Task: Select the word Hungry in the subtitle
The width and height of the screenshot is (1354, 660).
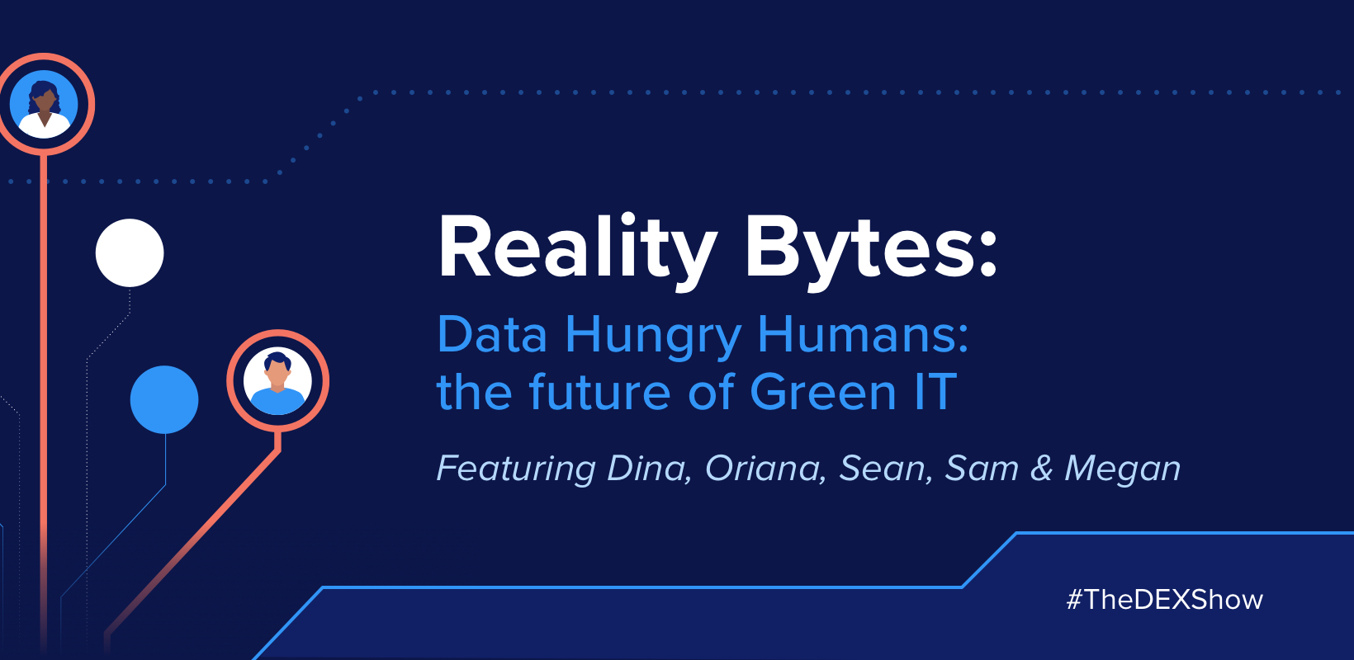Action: [x=653, y=337]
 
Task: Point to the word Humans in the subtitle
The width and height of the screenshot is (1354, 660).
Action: [x=862, y=335]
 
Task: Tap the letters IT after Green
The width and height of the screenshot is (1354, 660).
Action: [x=935, y=392]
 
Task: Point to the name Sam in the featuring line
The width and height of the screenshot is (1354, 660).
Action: [x=982, y=468]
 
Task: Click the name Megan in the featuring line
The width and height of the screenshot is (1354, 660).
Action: [x=1123, y=469]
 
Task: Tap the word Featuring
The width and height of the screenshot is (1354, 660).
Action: [x=515, y=469]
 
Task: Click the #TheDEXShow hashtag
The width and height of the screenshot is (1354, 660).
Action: [x=1164, y=599]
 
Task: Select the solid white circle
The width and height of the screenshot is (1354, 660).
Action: [x=130, y=252]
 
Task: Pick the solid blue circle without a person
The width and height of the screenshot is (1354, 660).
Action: [x=164, y=399]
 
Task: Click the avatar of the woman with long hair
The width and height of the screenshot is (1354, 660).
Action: [x=45, y=104]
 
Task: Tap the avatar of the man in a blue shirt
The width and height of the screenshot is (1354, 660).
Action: [x=278, y=381]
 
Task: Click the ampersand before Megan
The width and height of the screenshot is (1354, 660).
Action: [x=1042, y=468]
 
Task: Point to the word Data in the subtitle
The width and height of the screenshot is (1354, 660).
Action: [x=492, y=335]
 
